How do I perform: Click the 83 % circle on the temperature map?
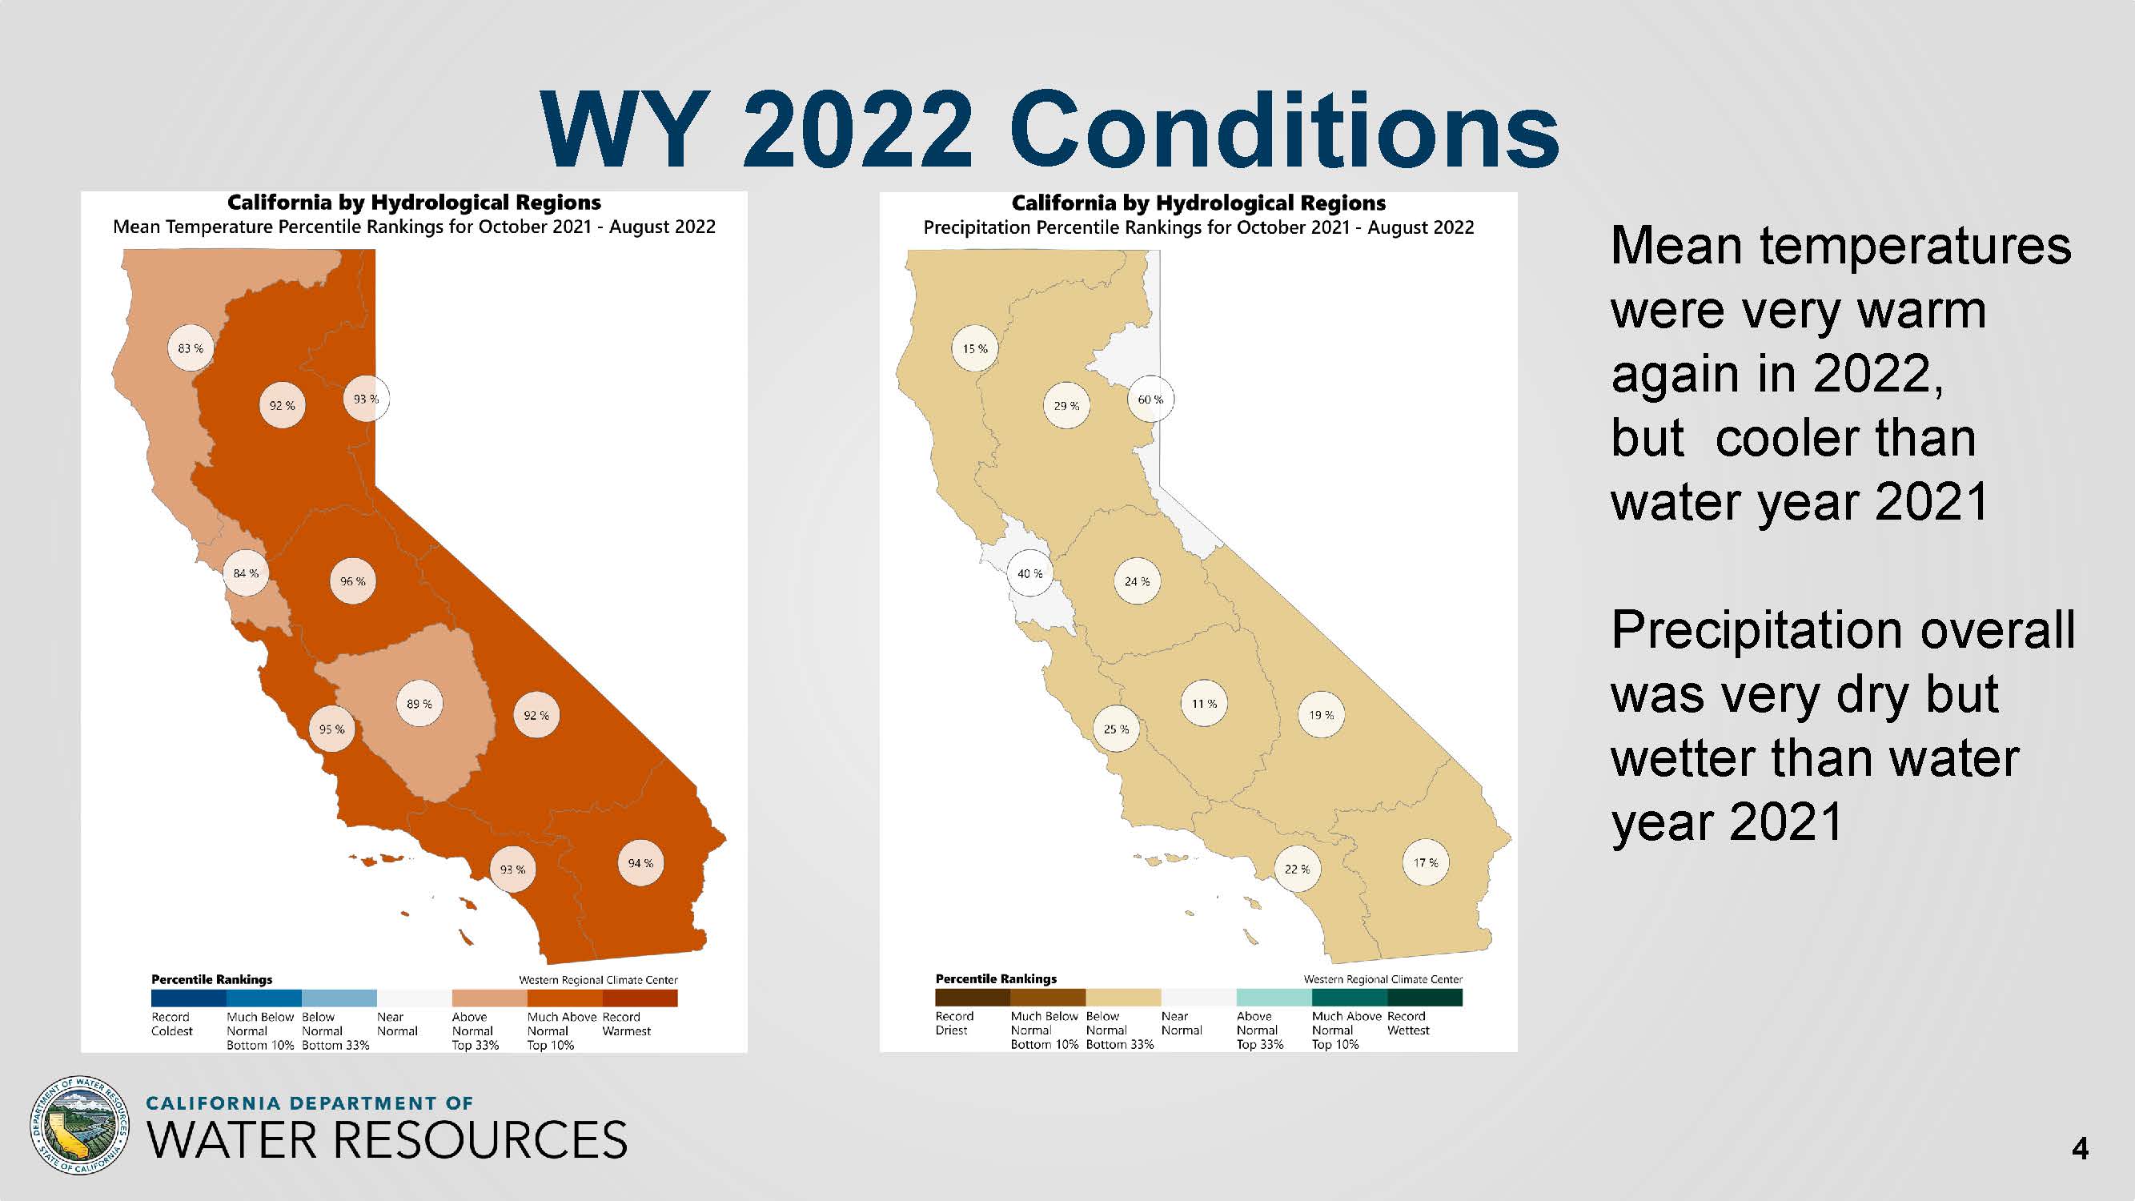[191, 349]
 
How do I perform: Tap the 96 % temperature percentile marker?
[353, 582]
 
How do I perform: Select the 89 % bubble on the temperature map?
[419, 705]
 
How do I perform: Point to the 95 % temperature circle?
[331, 729]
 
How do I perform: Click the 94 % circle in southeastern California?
[640, 864]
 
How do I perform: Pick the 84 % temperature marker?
[246, 573]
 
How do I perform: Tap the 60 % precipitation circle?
[1150, 400]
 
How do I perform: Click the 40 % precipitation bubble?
[1030, 573]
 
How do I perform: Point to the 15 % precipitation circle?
[975, 349]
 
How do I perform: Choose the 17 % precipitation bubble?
[1426, 863]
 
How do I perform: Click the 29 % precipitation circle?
[1066, 406]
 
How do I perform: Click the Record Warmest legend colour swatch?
[640, 998]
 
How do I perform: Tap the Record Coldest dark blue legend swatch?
[188, 998]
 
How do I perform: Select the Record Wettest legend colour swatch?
[1425, 997]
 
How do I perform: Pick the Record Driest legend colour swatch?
[973, 997]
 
